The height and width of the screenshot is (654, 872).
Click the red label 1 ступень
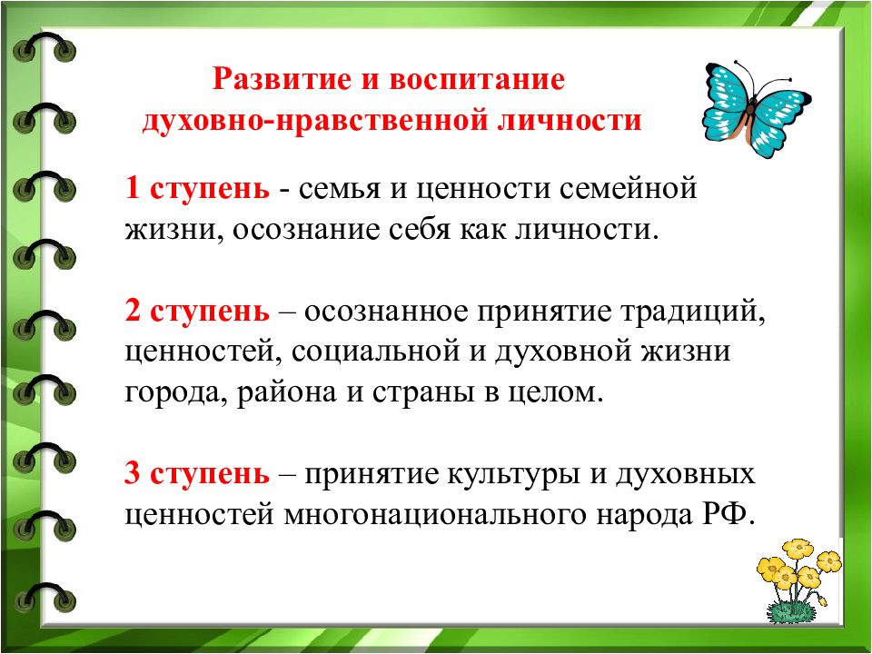(197, 190)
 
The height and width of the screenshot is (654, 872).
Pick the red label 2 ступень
(197, 312)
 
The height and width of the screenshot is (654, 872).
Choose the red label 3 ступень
(197, 473)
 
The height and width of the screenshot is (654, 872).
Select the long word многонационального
(444, 513)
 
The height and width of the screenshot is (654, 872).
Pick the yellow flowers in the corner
(797, 572)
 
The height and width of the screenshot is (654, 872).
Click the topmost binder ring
(45, 50)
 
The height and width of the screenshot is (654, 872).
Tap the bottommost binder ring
(45, 596)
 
